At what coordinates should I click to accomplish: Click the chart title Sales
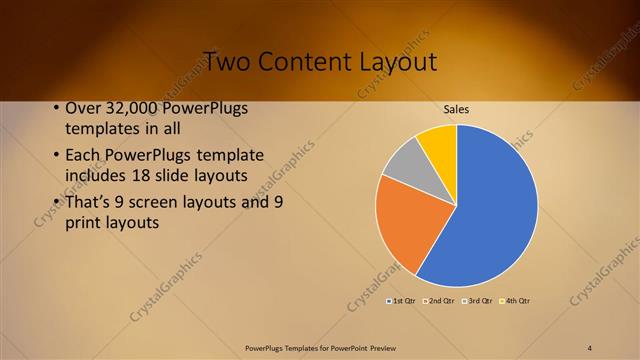456,110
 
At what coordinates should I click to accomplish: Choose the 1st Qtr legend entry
401,300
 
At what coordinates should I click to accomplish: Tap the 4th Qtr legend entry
517,300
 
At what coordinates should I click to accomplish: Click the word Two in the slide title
228,62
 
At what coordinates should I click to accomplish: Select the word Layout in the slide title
397,62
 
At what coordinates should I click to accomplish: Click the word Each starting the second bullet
83,156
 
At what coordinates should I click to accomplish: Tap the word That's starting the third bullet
92,201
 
